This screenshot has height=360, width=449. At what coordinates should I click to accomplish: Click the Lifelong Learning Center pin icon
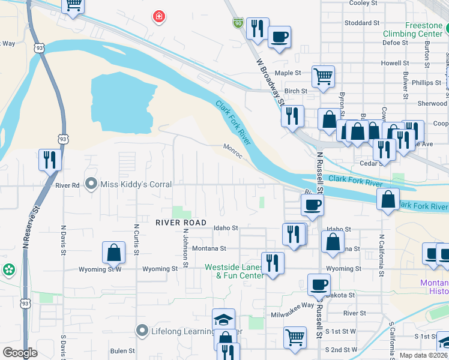tap(142, 330)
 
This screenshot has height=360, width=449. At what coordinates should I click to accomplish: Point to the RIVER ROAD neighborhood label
tap(181, 223)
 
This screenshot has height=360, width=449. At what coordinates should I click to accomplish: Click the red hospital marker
tap(158, 17)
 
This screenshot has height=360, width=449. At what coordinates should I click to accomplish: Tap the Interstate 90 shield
tap(238, 23)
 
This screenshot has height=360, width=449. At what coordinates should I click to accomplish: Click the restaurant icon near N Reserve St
tap(49, 160)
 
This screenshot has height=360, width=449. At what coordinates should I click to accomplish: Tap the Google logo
tap(20, 353)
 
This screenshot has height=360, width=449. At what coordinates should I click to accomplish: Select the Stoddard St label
tap(363, 23)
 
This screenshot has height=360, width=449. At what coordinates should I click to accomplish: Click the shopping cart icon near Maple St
tap(323, 76)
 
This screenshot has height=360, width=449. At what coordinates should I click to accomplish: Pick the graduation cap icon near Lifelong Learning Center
tap(224, 319)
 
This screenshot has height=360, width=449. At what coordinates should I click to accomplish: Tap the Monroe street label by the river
tap(233, 149)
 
